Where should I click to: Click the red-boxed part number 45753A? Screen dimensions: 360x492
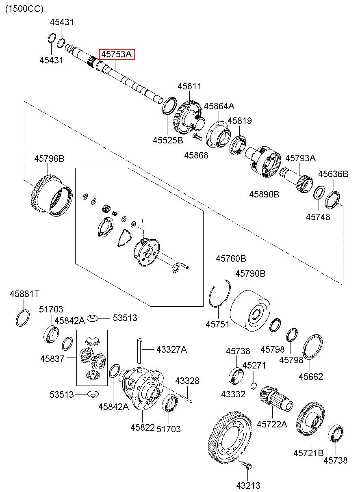point(117,54)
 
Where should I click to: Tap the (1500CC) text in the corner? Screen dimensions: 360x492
point(24,9)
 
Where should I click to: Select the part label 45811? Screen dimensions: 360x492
point(189,86)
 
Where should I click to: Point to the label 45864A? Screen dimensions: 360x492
point(219,106)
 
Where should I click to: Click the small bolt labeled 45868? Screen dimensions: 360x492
point(197,137)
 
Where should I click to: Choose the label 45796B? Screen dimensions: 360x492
point(49,158)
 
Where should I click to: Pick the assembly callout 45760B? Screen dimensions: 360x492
point(231,258)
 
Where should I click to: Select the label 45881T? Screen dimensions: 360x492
point(25,294)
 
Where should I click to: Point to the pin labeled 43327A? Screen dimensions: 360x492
point(140,351)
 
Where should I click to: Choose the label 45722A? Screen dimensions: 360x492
point(272,424)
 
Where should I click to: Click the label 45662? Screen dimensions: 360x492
point(311,377)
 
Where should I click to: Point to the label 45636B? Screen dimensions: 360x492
point(334,174)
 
